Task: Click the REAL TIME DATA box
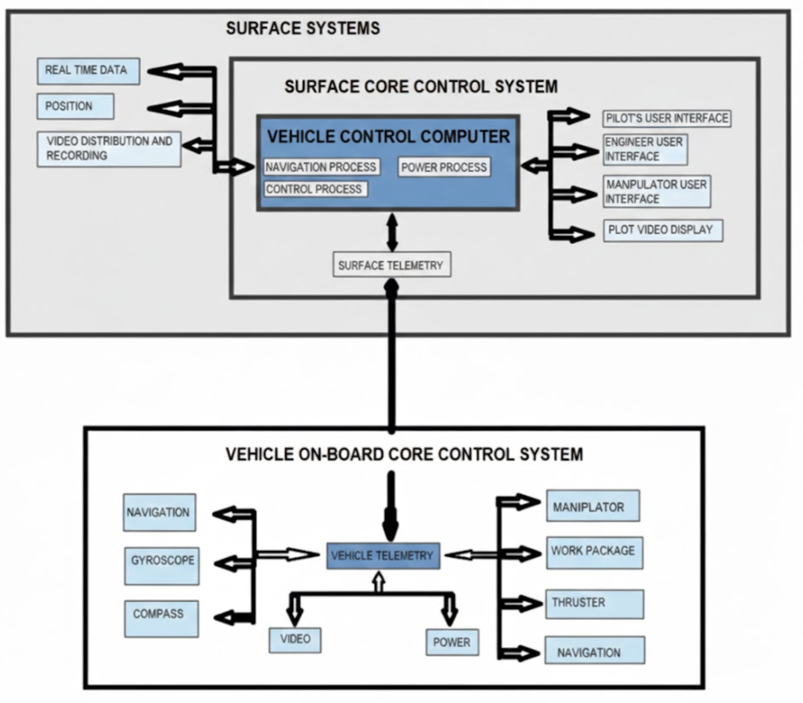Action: tap(88, 71)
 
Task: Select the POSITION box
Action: tap(75, 106)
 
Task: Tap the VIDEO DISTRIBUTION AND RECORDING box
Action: tap(109, 149)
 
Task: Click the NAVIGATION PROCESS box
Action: tap(321, 167)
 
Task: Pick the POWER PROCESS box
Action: tap(444, 167)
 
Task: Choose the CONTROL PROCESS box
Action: tap(315, 189)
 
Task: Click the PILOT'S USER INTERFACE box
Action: tap(667, 118)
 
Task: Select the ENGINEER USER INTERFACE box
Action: tap(645, 149)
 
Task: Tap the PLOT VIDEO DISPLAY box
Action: tap(662, 230)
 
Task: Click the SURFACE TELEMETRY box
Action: tap(391, 265)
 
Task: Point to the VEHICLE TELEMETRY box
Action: tap(383, 556)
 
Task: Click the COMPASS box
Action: tap(161, 619)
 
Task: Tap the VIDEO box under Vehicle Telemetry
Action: tap(295, 640)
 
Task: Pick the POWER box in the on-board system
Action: tap(451, 643)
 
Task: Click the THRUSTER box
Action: tap(594, 604)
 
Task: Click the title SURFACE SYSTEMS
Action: tap(303, 28)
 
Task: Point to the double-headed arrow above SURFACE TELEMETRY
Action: tap(392, 232)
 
